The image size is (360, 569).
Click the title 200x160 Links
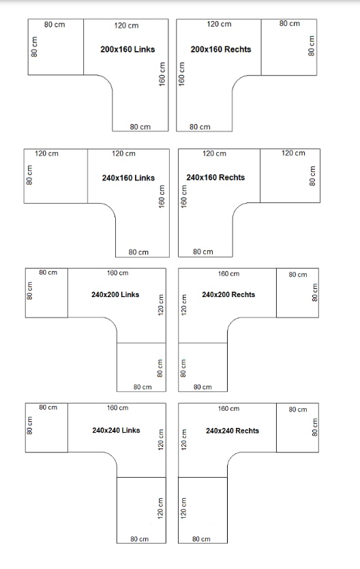tap(127, 49)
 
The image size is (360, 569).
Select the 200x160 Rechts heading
tap(221, 49)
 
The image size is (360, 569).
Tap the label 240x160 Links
tap(128, 178)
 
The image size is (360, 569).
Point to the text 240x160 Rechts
tap(215, 177)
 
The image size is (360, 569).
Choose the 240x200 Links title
tap(115, 294)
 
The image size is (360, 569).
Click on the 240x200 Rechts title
tap(228, 294)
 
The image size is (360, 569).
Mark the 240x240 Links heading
tap(116, 431)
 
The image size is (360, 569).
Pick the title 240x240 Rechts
tap(232, 431)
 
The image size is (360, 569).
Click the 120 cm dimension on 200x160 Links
tap(126, 25)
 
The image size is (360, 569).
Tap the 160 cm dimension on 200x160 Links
tap(162, 74)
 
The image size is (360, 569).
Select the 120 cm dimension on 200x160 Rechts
tap(219, 24)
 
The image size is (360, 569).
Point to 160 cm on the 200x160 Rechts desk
tap(181, 74)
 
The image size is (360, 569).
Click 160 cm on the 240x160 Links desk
tap(162, 196)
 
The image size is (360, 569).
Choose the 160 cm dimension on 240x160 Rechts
tap(184, 196)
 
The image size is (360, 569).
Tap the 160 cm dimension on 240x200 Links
tap(117, 273)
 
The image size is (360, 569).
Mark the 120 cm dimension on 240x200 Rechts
tap(184, 305)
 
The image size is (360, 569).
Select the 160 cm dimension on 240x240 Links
tap(117, 408)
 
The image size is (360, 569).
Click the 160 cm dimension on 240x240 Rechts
tap(228, 409)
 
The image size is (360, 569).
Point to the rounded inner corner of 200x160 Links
tap(108, 80)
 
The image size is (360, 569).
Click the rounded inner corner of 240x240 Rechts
tap(232, 457)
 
